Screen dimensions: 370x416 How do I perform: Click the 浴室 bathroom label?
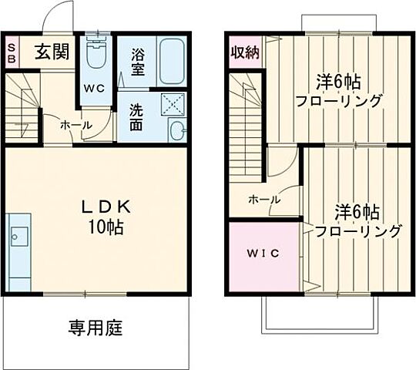click(139, 62)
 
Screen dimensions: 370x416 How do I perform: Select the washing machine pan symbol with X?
click(172, 103)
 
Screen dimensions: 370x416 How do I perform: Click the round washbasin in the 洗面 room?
click(177, 130)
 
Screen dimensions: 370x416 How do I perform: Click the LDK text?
click(108, 207)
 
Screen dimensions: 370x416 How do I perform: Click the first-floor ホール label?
click(76, 125)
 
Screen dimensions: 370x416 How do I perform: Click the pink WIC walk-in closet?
click(262, 255)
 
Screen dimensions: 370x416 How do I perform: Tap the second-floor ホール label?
click(264, 199)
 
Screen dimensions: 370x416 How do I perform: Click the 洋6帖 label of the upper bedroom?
click(340, 82)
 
